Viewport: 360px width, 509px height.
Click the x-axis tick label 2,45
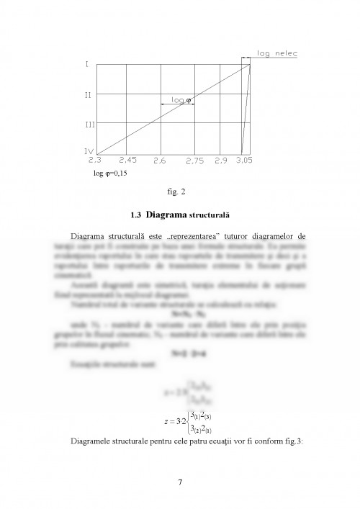click(128, 159)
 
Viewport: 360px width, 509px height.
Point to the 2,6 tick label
click(160, 159)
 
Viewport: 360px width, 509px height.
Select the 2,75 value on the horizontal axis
click(194, 160)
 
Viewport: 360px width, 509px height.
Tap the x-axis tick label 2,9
click(221, 159)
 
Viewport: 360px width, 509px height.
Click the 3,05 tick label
click(246, 159)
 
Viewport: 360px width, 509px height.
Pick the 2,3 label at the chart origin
click(95, 159)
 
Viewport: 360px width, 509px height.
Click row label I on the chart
click(87, 65)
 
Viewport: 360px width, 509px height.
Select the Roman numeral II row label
click(86, 94)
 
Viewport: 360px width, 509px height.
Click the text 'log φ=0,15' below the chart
click(104, 174)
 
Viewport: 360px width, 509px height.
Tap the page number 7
click(180, 482)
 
